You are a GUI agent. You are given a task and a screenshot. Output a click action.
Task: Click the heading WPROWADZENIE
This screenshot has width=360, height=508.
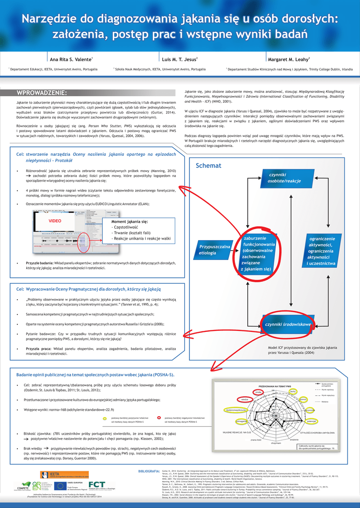click(x=42, y=93)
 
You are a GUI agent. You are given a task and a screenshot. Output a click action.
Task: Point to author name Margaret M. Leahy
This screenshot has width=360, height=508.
click(x=288, y=59)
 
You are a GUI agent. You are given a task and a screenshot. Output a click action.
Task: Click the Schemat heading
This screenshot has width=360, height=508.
click(x=208, y=165)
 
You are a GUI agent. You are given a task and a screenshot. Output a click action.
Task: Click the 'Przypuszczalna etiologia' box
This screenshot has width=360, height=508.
click(x=215, y=250)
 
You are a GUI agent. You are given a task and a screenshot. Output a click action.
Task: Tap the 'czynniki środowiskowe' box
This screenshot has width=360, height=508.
click(x=288, y=324)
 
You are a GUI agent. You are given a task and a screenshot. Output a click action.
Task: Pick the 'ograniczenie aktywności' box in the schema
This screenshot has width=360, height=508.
click(x=322, y=251)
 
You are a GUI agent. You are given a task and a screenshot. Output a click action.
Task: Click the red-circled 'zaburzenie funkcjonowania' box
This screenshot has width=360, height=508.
click(x=258, y=254)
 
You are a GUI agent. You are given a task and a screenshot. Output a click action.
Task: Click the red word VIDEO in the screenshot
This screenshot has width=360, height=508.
click(x=55, y=220)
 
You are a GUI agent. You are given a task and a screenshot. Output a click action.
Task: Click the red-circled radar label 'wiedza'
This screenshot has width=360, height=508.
click(x=245, y=399)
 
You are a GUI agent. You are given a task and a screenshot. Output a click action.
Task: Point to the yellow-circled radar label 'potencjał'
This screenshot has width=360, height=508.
click(x=312, y=421)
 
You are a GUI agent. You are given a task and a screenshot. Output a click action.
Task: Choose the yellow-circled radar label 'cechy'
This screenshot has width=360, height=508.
click(x=293, y=391)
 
